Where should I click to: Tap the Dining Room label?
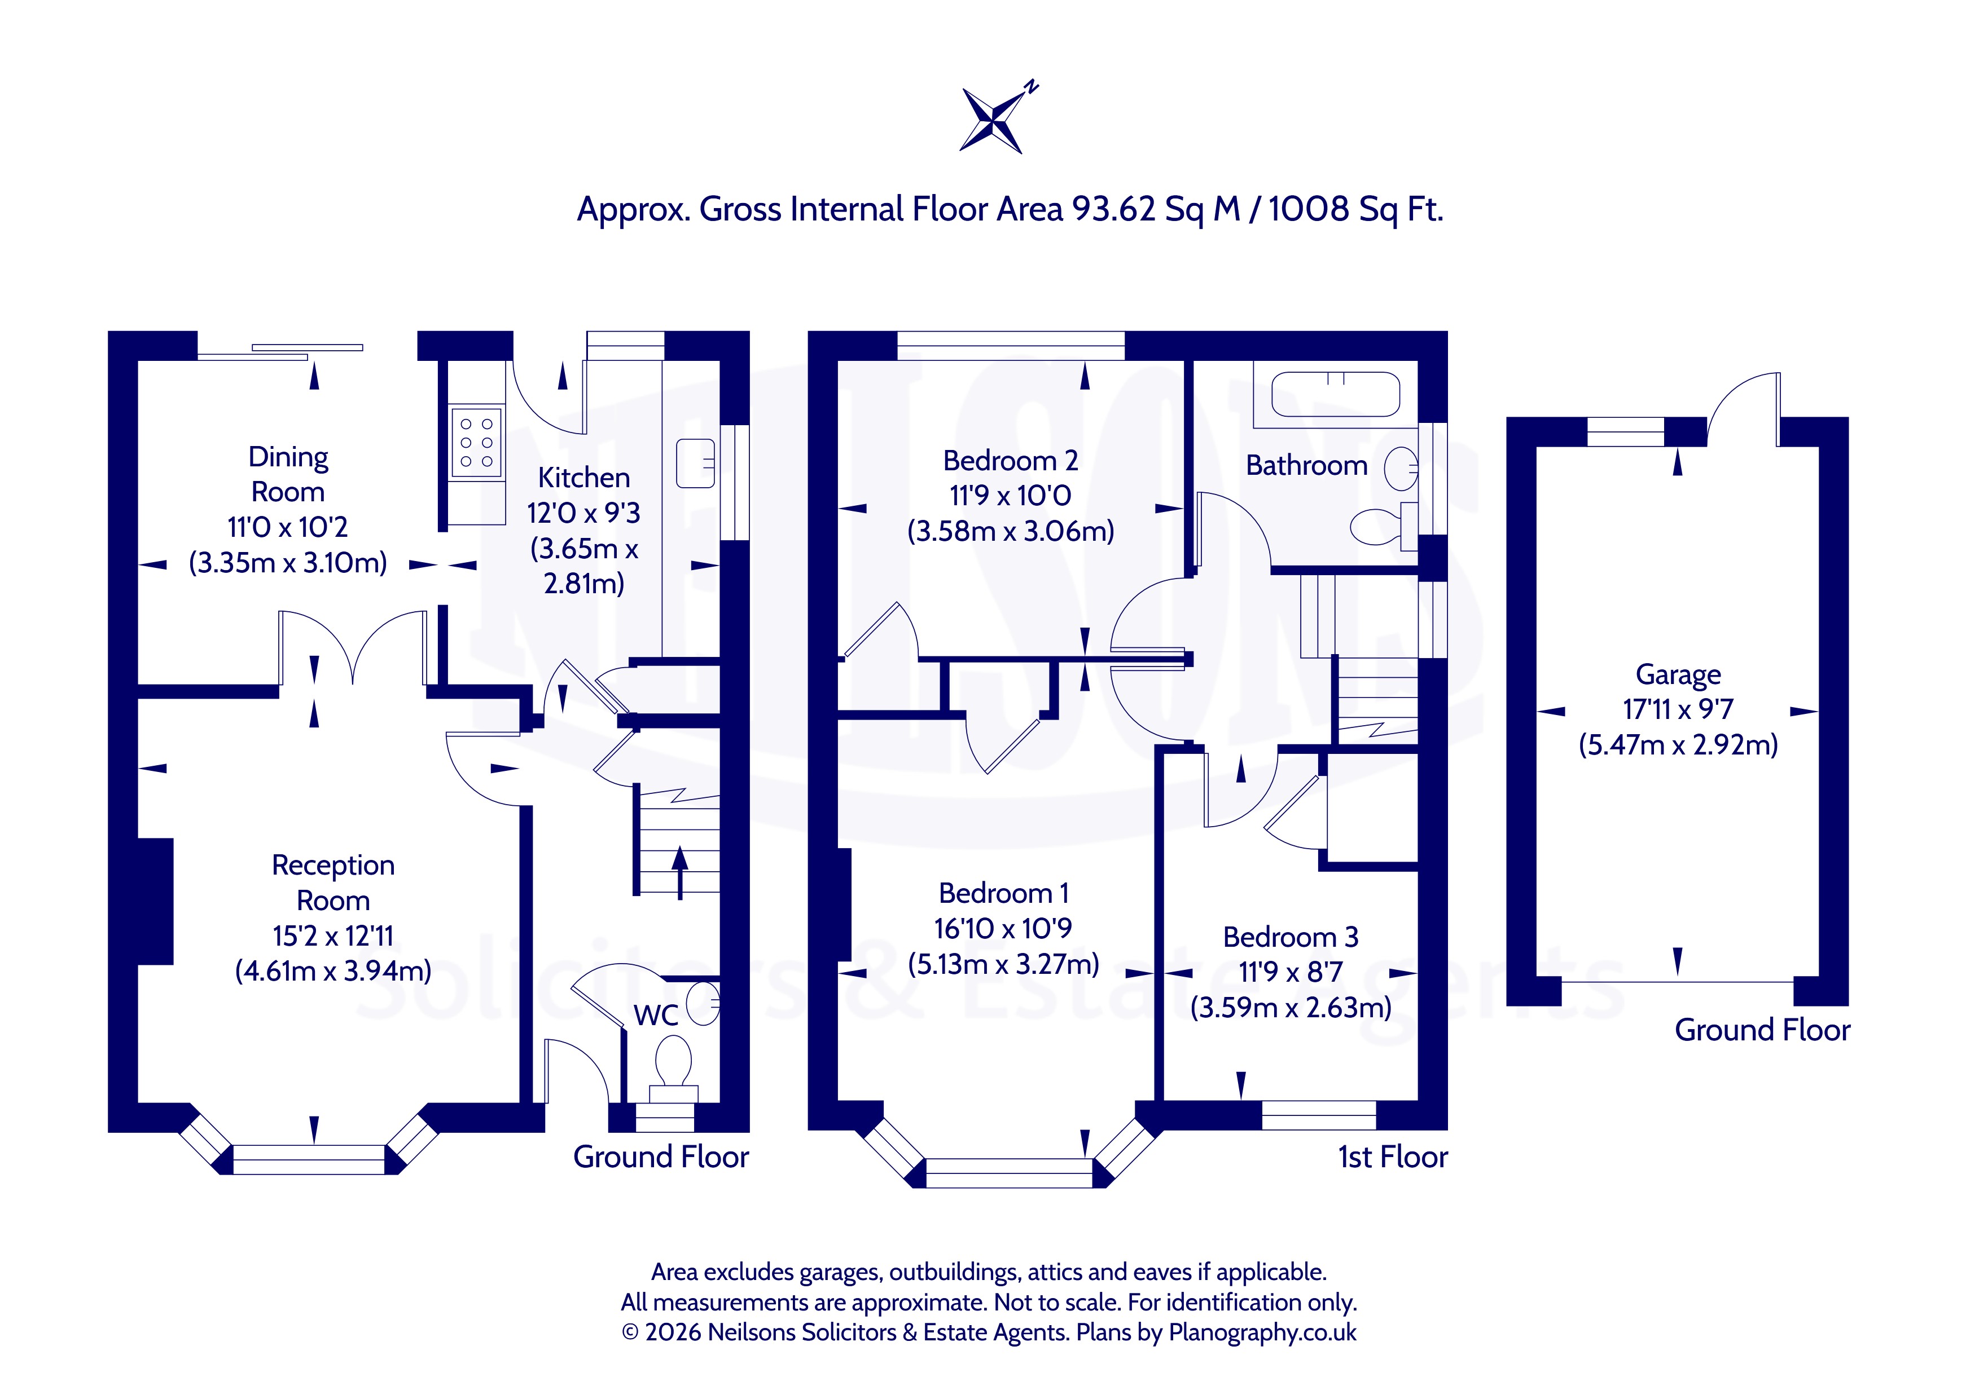[288, 474]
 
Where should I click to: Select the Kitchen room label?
[583, 477]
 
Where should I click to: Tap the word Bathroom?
[1307, 465]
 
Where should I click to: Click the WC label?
[656, 1016]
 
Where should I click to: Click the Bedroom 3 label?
[1291, 937]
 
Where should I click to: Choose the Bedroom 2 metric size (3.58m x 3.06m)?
[1010, 531]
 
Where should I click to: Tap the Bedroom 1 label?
[1003, 893]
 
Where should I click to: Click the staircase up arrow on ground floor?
[680, 873]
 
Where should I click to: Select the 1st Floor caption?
[1393, 1157]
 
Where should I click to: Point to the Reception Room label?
[334, 882]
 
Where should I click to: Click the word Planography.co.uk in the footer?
[1263, 1332]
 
